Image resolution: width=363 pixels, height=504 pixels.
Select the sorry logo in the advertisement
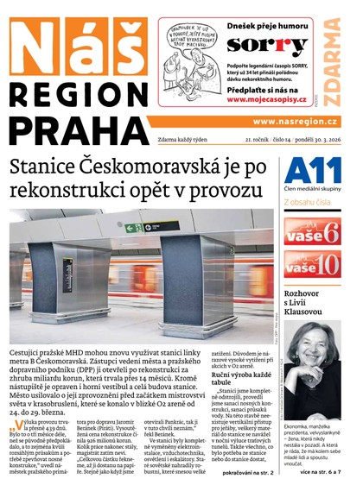coord(255,44)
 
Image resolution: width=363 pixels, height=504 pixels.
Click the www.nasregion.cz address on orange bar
coord(296,121)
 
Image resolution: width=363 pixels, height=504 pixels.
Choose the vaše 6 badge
coord(312,231)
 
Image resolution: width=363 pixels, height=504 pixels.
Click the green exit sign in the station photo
coord(132,229)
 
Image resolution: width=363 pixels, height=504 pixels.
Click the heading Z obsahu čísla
coord(310,203)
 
